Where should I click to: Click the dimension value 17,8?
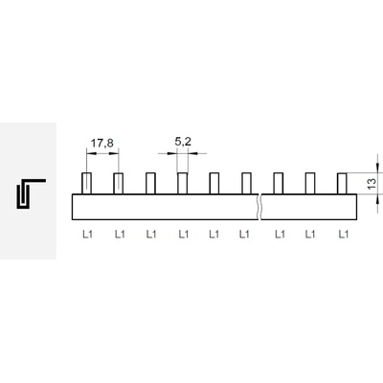pyautogui.click(x=102, y=144)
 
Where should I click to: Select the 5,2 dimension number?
pyautogui.click(x=183, y=142)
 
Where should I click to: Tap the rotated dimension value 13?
pyautogui.click(x=372, y=184)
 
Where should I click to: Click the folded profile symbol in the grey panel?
pyautogui.click(x=31, y=193)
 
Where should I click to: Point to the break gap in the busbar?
pyautogui.click(x=259, y=207)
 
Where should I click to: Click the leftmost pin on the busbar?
pyautogui.click(x=87, y=183)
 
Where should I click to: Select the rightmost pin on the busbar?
pyautogui.click(x=342, y=183)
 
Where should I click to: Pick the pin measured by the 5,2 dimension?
pyautogui.click(x=183, y=183)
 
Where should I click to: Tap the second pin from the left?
pyautogui.click(x=119, y=183)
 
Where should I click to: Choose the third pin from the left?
pyautogui.click(x=150, y=183)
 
